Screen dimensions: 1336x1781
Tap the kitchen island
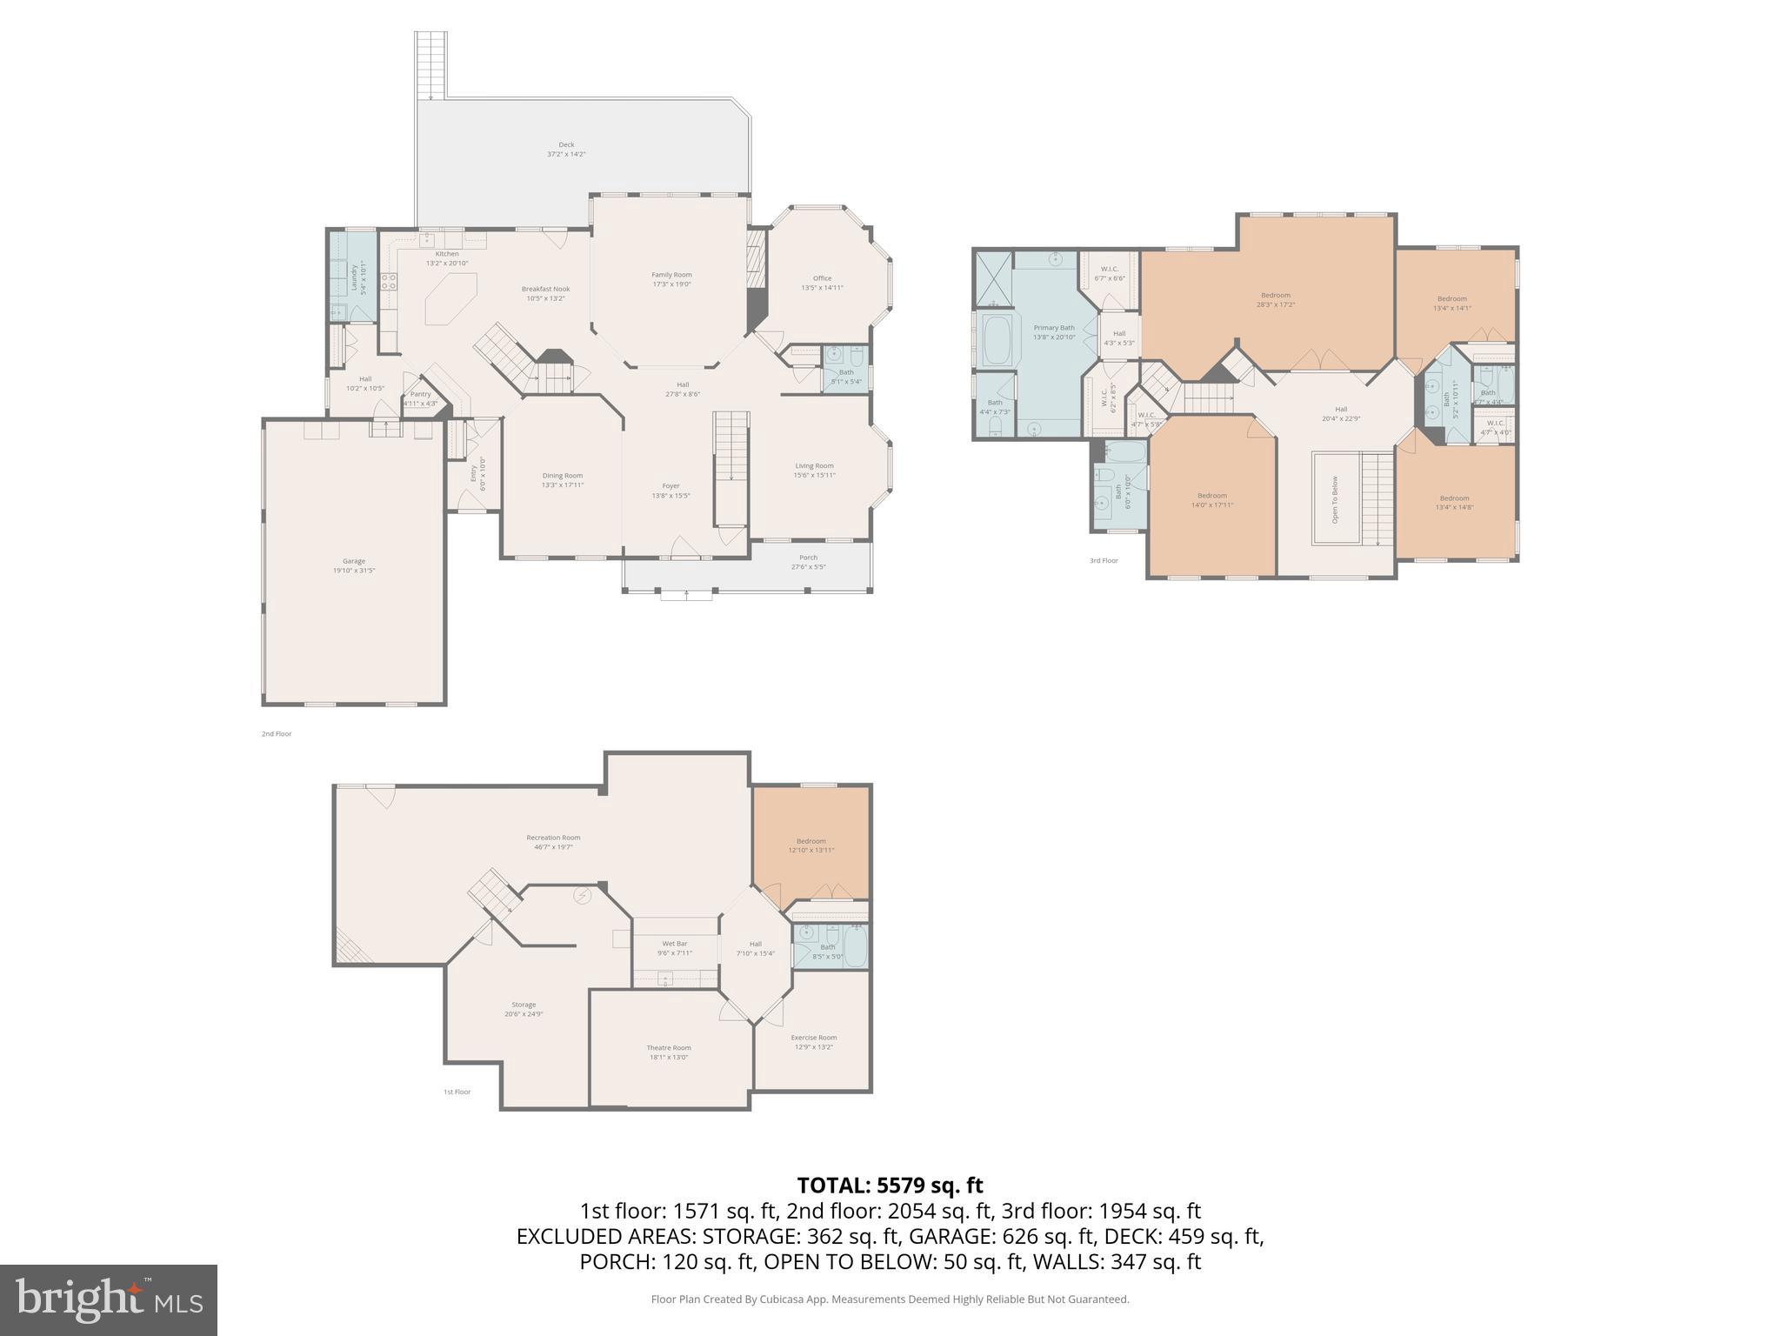click(x=450, y=298)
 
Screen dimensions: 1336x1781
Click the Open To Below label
click(x=1335, y=499)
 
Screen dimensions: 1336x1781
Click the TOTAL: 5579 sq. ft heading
click(x=890, y=1185)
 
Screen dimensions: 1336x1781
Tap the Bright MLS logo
click(x=109, y=1300)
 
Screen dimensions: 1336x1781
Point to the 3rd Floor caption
click(x=1104, y=561)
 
